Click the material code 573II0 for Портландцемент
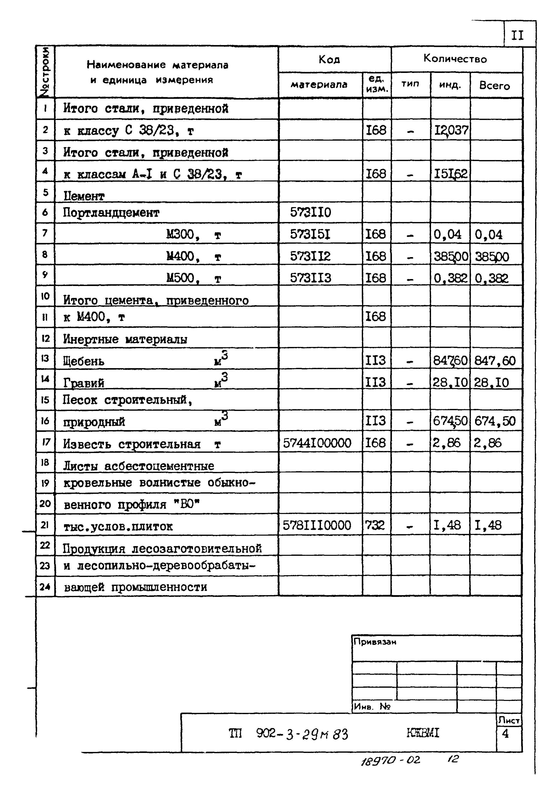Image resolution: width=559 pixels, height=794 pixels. pyautogui.click(x=310, y=212)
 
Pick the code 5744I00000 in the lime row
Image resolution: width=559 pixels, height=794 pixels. pyautogui.click(x=317, y=443)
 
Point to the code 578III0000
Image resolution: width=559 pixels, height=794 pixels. pyautogui.click(x=317, y=525)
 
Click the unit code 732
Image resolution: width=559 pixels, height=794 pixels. pyautogui.click(x=375, y=525)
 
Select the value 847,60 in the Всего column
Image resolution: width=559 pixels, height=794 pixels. pyautogui.click(x=495, y=361)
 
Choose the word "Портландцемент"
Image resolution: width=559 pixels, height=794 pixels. pyautogui.click(x=111, y=213)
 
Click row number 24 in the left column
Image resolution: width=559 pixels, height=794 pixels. pyautogui.click(x=45, y=586)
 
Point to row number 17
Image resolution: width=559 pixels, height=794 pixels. pyautogui.click(x=45, y=442)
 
